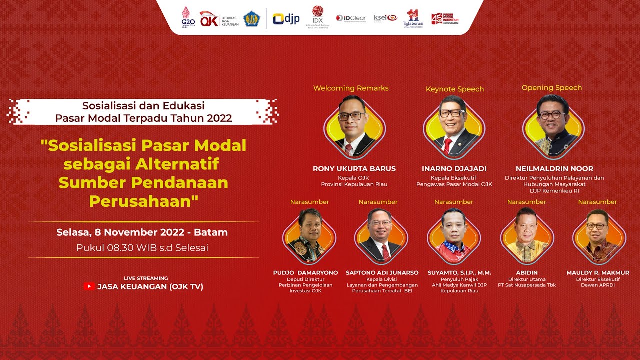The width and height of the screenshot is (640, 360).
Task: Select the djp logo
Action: coord(286,19)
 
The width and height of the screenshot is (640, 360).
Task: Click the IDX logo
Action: coord(318,18)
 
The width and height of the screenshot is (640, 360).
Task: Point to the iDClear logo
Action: coord(351,18)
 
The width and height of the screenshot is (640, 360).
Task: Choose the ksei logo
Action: coord(385,17)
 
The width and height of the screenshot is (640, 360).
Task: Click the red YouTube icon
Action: coord(89,286)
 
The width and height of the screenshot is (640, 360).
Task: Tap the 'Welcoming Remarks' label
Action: coord(351,88)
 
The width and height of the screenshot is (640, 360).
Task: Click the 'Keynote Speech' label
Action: coord(455,89)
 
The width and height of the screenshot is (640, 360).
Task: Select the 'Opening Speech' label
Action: coord(552,88)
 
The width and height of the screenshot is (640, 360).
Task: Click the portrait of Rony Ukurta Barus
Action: coord(354,125)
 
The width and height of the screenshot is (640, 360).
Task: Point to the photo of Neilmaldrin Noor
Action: coord(553,124)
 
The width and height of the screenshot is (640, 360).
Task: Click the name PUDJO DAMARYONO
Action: coord(305,273)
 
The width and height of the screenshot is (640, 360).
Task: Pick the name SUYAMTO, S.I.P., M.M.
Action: coord(459,273)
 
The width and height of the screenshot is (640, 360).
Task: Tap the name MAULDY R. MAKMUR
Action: coord(598,273)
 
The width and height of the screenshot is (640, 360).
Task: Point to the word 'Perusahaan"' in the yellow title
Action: coord(144,201)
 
